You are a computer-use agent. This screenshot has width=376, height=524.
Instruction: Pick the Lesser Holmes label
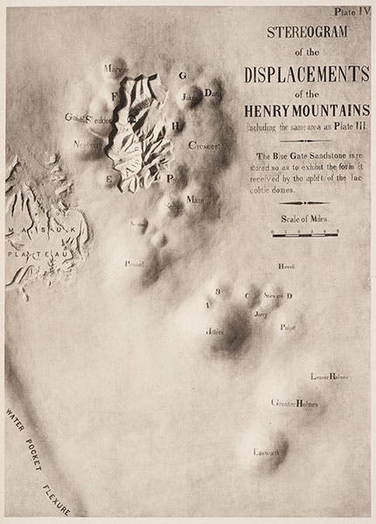[330, 377]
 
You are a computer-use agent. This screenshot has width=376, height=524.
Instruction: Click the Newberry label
[88, 144]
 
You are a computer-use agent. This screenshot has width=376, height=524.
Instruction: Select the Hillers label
[216, 332]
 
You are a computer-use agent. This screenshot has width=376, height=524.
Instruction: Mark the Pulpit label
[288, 327]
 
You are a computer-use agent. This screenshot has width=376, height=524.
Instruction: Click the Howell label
[286, 265]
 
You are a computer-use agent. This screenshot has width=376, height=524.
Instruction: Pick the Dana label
[212, 91]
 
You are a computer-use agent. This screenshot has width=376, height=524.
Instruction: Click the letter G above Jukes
[182, 76]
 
